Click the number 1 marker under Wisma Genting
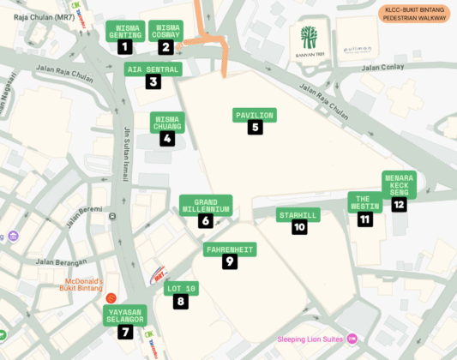point(125,48)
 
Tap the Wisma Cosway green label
point(165,31)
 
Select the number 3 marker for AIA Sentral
point(153,82)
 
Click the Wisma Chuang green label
point(167,123)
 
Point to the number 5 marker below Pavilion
point(255,128)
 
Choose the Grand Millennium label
point(206,204)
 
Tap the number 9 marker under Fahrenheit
point(230,262)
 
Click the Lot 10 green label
point(181,288)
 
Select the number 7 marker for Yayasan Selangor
point(125,332)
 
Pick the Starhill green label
point(298,214)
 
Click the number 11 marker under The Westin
point(365,219)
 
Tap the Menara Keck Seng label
point(399,183)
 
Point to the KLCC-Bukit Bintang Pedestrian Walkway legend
point(414,13)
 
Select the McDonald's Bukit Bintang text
point(81,285)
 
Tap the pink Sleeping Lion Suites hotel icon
point(352,339)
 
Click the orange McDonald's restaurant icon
point(111,297)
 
